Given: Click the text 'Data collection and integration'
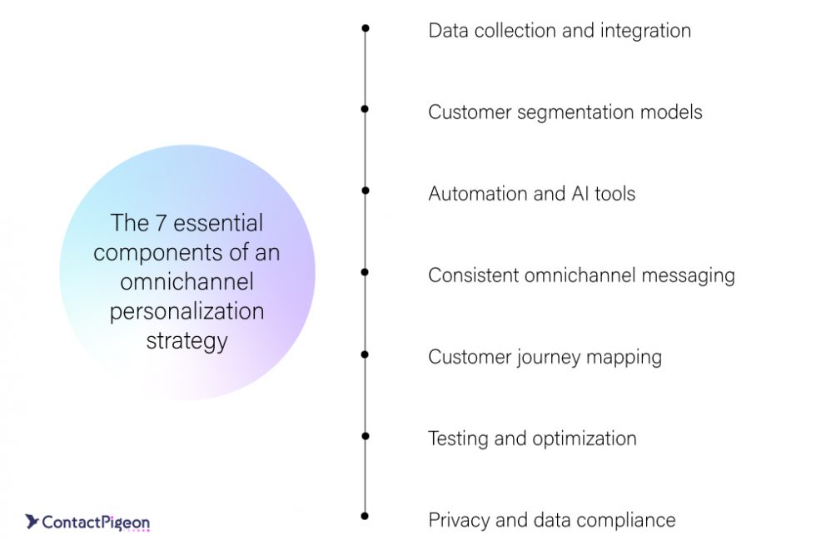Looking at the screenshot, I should click(559, 31).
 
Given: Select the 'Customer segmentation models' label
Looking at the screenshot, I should click(565, 112).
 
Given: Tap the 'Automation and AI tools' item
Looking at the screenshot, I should click(531, 194).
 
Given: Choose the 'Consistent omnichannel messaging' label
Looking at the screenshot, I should click(581, 275).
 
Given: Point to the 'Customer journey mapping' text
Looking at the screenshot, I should click(545, 357).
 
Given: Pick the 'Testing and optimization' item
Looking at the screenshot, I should click(532, 438).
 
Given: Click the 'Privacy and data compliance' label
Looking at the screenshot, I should click(551, 520).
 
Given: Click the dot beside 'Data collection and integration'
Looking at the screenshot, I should click(365, 28).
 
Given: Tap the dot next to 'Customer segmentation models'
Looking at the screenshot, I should click(365, 109).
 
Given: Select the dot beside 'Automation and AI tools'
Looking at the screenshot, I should click(365, 191).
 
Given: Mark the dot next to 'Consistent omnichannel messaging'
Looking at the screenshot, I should click(365, 272).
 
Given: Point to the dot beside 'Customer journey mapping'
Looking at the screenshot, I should click(365, 354).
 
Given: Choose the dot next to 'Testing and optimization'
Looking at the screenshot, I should click(365, 435).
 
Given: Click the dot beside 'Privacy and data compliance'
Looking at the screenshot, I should click(365, 517).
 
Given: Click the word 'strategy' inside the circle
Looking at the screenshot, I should click(187, 341).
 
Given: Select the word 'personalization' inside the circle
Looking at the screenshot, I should click(187, 311).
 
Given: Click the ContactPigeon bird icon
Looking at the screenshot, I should click(32, 522).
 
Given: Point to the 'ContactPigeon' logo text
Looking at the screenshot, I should click(96, 523).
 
